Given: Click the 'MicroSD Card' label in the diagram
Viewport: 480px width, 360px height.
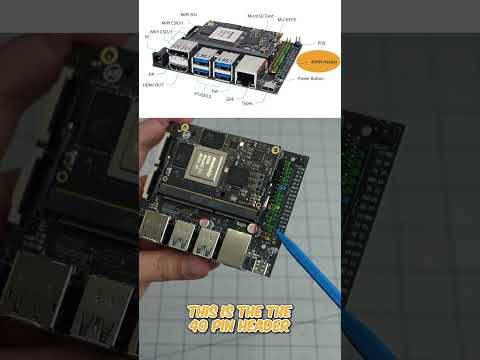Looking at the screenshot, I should tap(263, 17).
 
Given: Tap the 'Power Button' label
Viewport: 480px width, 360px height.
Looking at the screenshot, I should tap(311, 77).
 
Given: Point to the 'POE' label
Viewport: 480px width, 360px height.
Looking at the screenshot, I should tap(320, 44).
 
